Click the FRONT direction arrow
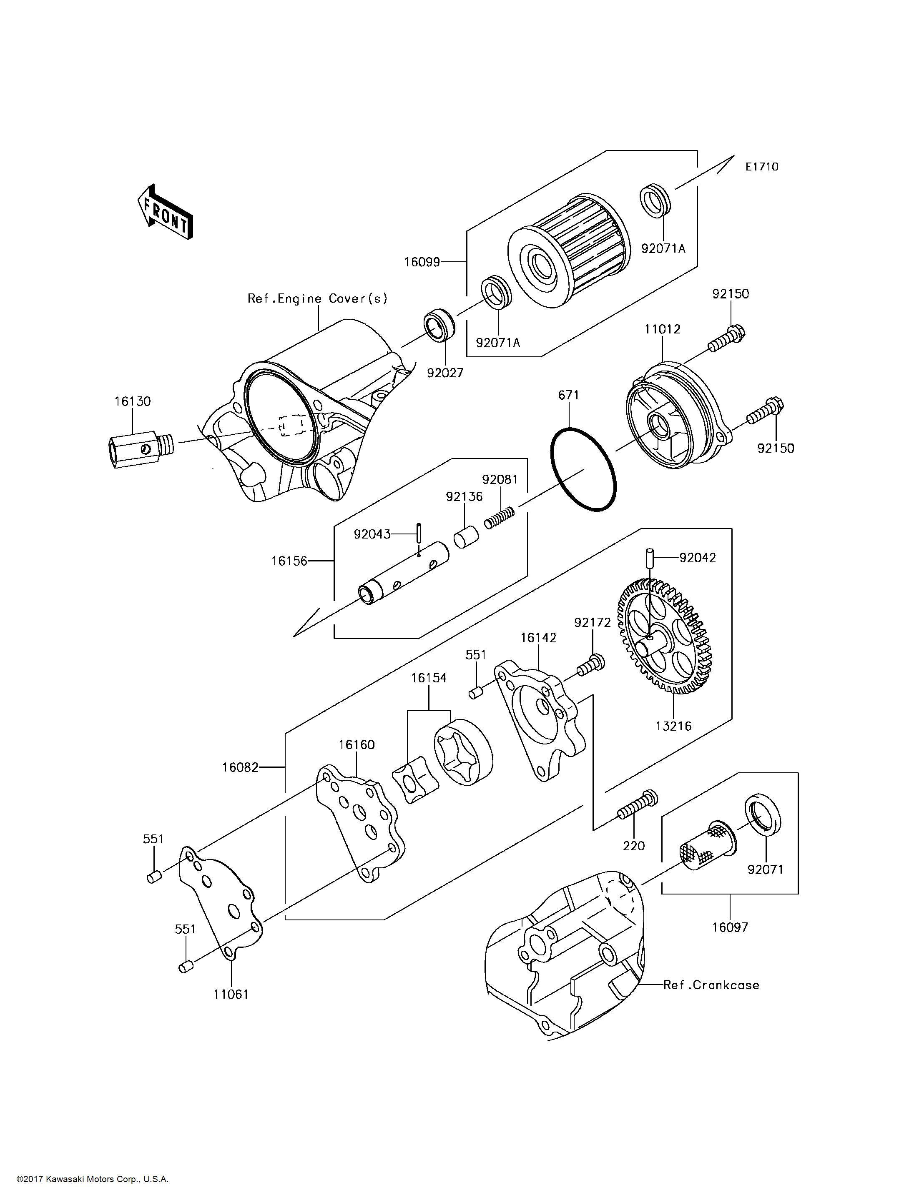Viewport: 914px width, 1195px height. click(165, 213)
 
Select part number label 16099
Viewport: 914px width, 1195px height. click(422, 262)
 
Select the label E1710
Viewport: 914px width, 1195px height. click(762, 167)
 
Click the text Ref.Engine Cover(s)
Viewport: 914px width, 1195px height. click(317, 298)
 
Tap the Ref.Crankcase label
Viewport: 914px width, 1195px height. click(711, 985)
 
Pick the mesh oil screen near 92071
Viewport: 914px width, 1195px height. click(706, 849)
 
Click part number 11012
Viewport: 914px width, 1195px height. click(662, 329)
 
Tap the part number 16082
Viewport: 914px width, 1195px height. click(240, 767)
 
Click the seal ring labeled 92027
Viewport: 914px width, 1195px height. click(439, 325)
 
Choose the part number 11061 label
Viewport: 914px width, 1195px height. click(231, 994)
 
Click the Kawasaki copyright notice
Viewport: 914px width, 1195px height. click(93, 1179)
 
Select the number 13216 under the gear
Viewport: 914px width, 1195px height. click(673, 726)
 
